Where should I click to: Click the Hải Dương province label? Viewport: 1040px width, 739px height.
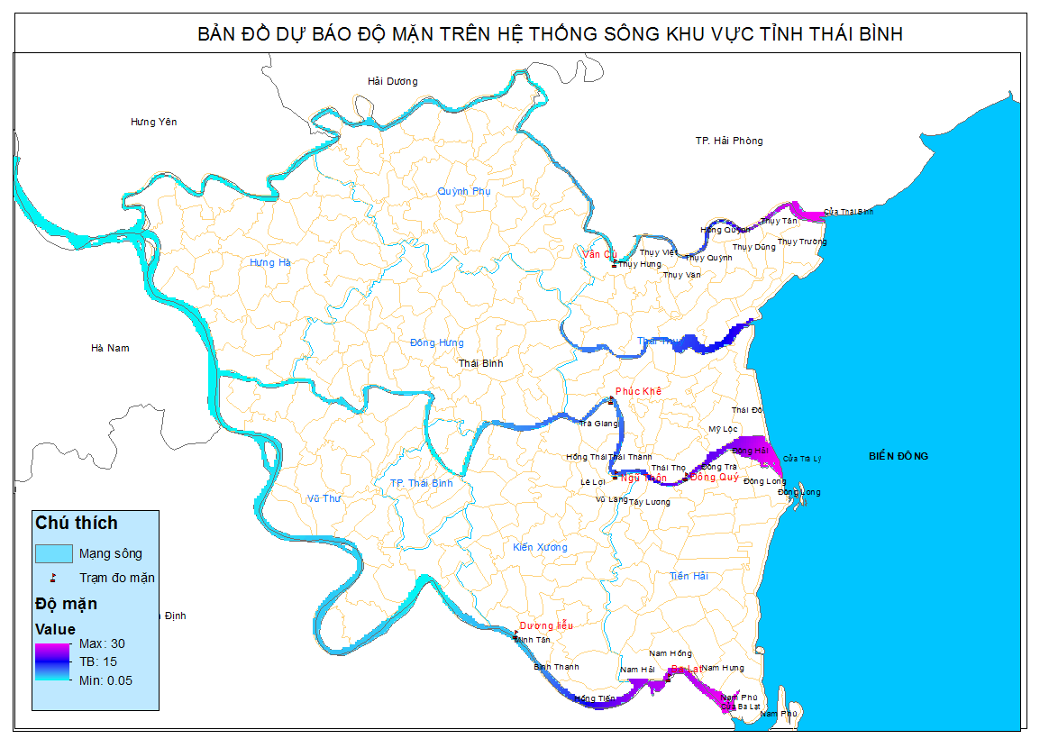392,81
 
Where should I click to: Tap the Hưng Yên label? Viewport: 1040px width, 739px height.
153,122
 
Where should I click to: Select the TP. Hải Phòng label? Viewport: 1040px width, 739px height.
729,141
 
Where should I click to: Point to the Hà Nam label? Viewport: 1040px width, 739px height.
111,348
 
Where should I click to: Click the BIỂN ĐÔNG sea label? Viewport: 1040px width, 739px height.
898,456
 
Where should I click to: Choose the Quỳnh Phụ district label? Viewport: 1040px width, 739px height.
464,191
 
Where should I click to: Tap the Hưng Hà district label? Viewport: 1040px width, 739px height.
270,262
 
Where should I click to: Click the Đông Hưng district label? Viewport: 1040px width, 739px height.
436,342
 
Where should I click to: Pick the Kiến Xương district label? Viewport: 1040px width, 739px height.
540,547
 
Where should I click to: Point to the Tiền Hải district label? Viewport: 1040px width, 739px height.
689,576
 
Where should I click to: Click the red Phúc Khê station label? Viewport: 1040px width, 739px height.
638,391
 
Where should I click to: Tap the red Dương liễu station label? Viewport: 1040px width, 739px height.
546,625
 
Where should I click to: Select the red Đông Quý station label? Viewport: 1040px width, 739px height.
715,478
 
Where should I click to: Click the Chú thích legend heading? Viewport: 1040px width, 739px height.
76,523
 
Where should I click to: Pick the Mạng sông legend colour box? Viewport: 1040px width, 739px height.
53,552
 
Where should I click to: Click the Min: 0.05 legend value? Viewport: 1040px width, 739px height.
105,680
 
